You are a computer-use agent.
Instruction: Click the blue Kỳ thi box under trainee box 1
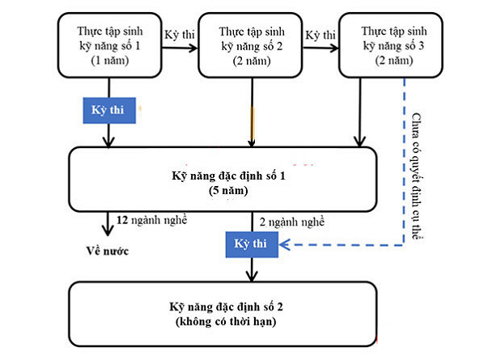[x=109, y=111]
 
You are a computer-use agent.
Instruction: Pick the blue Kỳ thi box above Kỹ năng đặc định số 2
[x=252, y=244]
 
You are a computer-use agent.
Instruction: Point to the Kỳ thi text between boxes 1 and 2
[x=180, y=35]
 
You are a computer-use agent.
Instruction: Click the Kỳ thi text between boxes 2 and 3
[x=321, y=35]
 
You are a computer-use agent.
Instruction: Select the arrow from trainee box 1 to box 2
[x=180, y=48]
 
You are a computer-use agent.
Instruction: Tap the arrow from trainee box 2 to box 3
[x=321, y=48]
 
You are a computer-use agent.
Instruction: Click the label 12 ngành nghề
[x=152, y=220]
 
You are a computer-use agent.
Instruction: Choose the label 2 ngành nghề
[x=292, y=222]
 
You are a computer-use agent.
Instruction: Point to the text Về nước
[x=107, y=251]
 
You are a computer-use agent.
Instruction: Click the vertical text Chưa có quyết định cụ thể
[x=417, y=176]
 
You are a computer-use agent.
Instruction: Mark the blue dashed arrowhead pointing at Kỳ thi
[x=284, y=244]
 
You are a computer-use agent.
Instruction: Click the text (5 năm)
[x=228, y=191]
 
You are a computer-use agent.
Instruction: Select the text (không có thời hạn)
[x=226, y=322]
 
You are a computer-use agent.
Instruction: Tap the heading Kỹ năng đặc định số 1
[x=228, y=176]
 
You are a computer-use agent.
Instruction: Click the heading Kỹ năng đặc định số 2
[x=226, y=307]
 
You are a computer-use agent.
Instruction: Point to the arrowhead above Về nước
[x=108, y=231]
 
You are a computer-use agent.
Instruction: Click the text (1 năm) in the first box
[x=110, y=60]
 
